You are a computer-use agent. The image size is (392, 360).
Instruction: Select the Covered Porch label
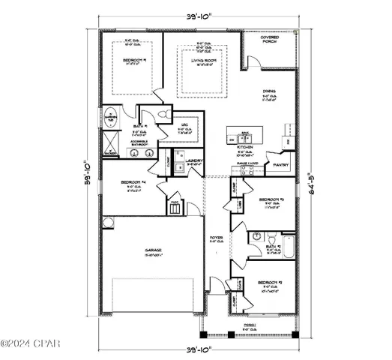pos(271,38)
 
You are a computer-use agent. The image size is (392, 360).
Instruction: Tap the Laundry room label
pos(196,160)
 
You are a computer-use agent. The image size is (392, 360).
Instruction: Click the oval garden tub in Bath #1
pos(109,118)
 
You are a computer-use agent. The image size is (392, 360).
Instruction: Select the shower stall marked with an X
pos(109,140)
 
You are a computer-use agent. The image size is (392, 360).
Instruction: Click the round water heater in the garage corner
pos(108,222)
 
